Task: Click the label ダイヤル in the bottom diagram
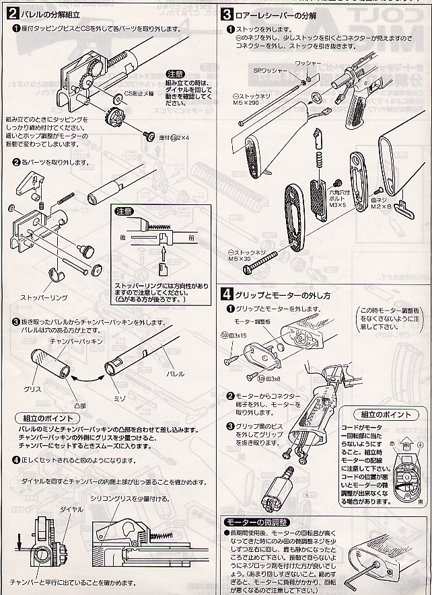click(71, 509)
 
